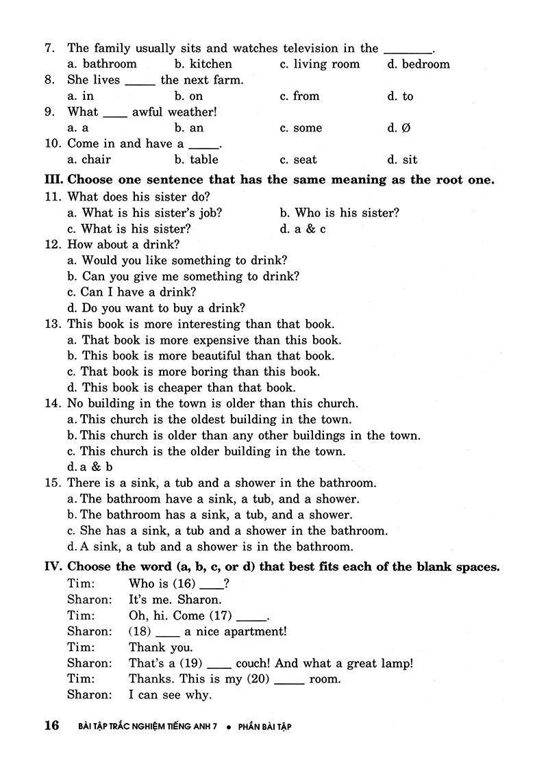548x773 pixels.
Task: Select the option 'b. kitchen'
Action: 203,64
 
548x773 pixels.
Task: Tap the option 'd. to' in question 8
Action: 400,97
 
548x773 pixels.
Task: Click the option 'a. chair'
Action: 89,160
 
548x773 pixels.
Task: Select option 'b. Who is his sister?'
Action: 339,213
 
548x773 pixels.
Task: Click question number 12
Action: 52,244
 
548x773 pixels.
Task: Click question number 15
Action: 52,483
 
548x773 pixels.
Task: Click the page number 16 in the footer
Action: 52,726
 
